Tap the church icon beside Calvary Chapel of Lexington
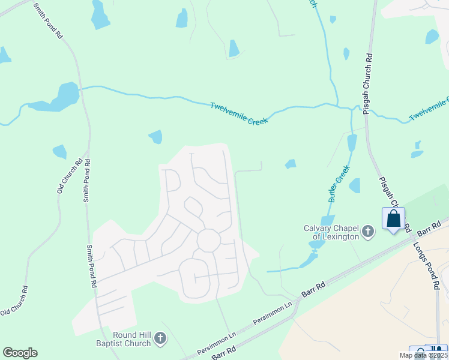tap(369, 230)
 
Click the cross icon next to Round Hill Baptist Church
tap(160, 339)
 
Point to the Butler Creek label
tap(339, 184)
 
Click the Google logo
tap(20, 353)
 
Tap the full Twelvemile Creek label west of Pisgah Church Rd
tap(238, 113)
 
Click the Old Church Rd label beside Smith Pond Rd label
tap(69, 175)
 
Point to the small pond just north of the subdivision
tap(156, 137)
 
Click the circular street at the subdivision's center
tap(208, 240)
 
